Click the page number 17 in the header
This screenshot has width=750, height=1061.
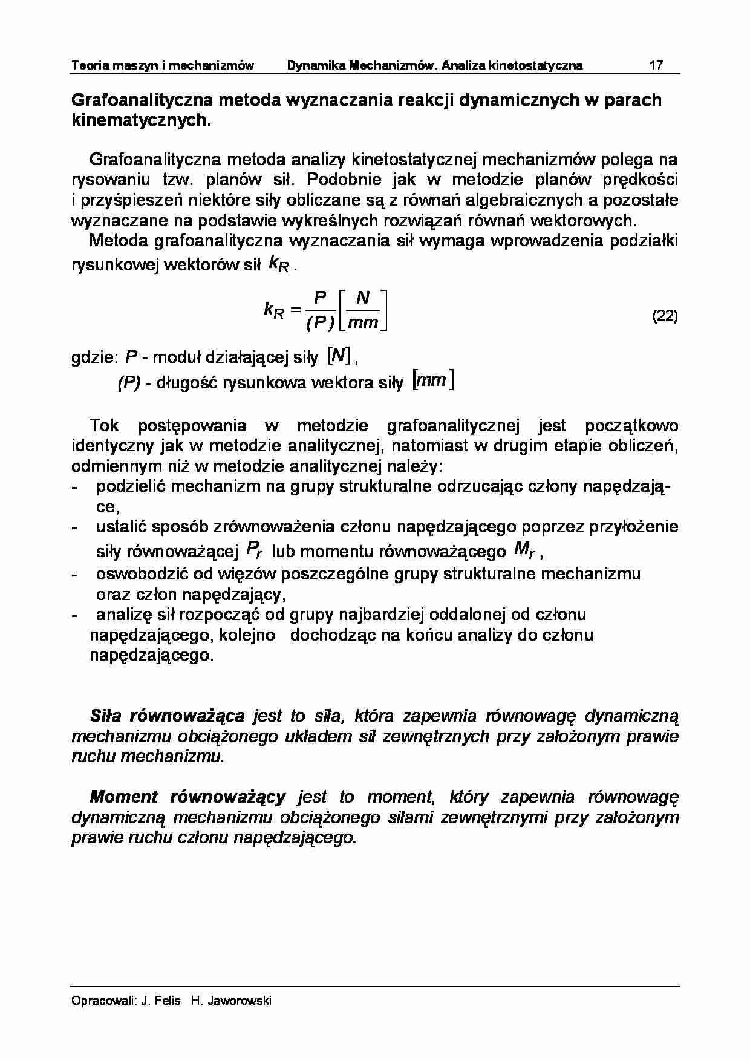click(x=656, y=65)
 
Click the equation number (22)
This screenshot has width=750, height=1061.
click(x=665, y=316)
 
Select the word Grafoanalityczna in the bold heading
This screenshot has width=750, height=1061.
click(x=142, y=100)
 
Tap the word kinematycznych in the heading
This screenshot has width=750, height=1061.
click(x=139, y=120)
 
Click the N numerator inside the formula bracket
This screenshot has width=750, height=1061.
click(x=363, y=298)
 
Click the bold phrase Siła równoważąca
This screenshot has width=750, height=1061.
click(x=167, y=716)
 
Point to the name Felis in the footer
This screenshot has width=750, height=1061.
click(x=168, y=1001)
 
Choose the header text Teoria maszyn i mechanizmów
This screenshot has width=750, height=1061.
click(x=163, y=65)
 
